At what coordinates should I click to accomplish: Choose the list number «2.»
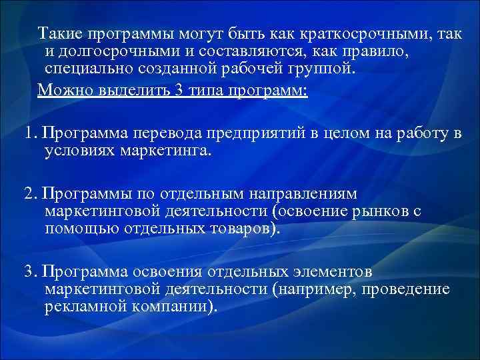[29, 193]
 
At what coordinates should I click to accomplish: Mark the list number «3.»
[29, 272]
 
